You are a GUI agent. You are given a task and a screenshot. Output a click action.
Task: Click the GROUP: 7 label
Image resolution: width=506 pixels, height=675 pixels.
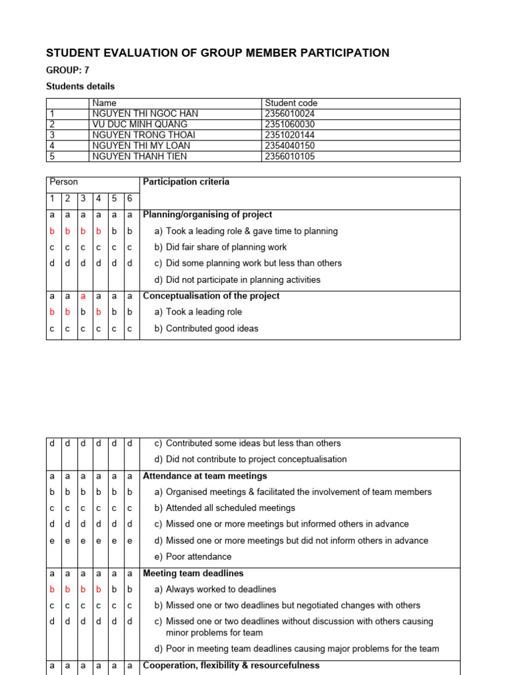(68, 70)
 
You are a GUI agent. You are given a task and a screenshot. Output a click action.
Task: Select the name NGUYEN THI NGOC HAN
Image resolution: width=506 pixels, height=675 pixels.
(145, 113)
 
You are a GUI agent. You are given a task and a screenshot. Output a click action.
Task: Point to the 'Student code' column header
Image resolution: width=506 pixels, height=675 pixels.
(291, 103)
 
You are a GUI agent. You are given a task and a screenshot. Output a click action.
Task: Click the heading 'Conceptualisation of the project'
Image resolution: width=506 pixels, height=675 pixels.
(211, 296)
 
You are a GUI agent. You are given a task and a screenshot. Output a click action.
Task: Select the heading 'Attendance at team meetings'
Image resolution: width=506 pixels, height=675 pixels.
(205, 476)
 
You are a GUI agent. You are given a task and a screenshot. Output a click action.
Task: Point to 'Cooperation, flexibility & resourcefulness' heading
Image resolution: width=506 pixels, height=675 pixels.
(231, 666)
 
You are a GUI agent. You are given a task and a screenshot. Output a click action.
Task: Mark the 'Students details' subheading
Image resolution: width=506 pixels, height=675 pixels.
(80, 86)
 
